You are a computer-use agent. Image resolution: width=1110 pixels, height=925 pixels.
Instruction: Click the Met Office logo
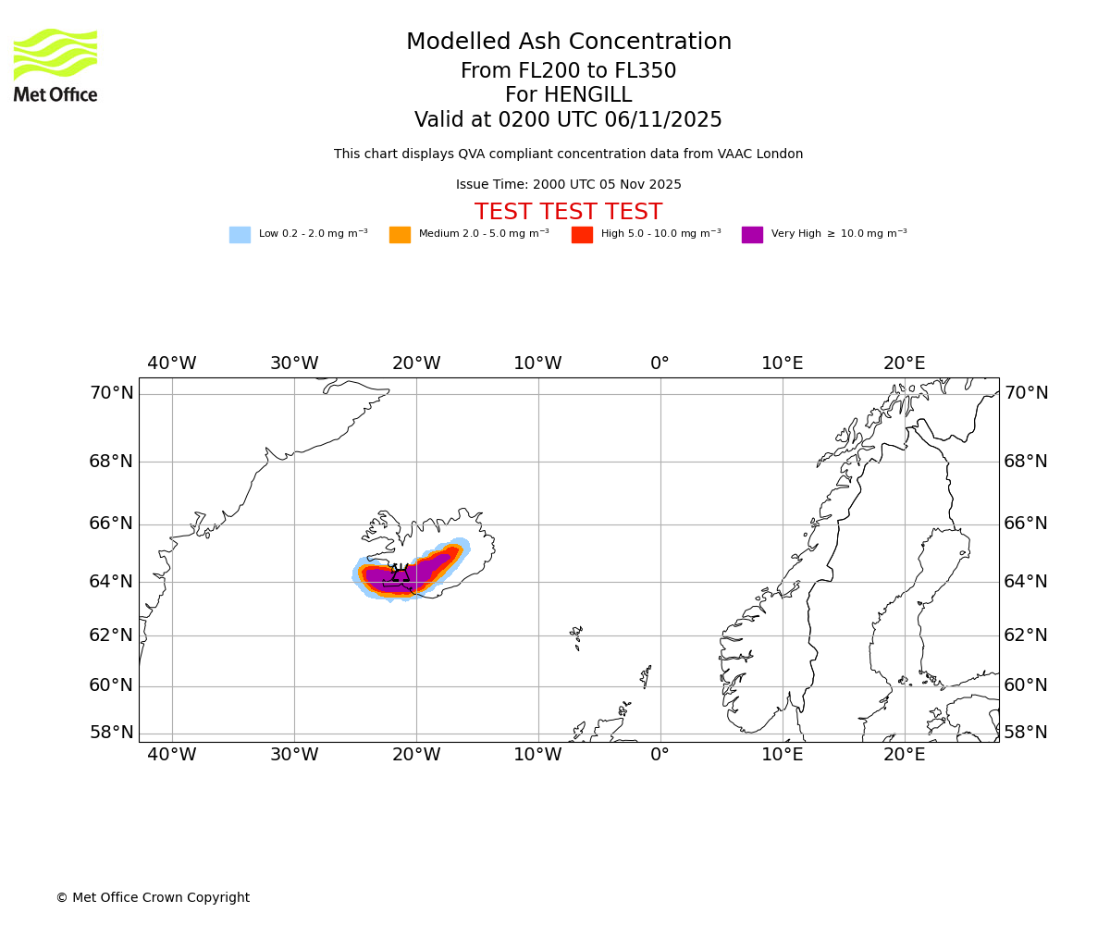pos(55,65)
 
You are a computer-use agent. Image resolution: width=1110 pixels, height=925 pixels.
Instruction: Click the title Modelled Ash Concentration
pos(568,43)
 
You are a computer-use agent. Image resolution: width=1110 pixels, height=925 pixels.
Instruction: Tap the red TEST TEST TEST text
pos(568,213)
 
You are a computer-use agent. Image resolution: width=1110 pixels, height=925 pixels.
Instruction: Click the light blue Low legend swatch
pos(240,235)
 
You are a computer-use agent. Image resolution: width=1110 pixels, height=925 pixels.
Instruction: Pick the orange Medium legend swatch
pos(400,235)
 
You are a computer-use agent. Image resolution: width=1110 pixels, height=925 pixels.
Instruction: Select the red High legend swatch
pos(582,235)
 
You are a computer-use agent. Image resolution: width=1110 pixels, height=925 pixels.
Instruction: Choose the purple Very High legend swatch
pos(752,235)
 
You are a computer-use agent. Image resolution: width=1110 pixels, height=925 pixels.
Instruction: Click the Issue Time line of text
pos(568,185)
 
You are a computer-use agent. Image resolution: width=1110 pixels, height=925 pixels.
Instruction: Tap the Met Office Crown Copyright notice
pos(153,898)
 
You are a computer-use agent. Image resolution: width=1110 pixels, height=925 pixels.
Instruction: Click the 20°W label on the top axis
pos(416,364)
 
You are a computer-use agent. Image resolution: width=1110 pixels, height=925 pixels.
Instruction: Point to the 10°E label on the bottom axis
pos(783,755)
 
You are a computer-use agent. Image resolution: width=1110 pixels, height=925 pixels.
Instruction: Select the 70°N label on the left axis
pos(111,393)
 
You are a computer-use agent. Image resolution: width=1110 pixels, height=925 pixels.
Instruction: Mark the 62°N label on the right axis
pos(1026,635)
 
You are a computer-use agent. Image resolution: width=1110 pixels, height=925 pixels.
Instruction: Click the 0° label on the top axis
pos(660,364)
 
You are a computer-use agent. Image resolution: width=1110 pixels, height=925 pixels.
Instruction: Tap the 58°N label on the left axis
pos(111,733)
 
